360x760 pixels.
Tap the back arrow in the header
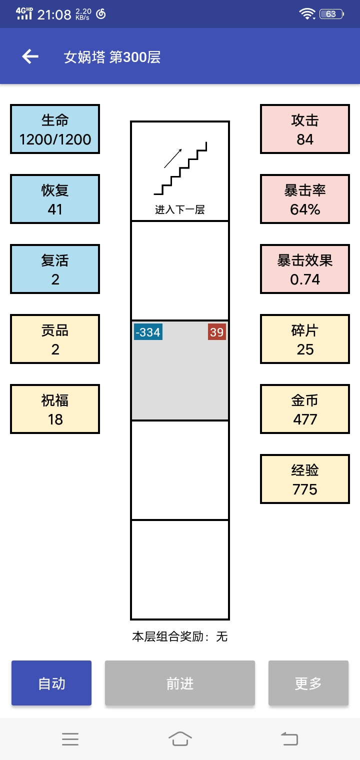(30, 56)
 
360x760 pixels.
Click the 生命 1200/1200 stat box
(55, 129)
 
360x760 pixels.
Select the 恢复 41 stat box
(55, 199)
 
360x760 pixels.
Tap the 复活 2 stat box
(55, 268)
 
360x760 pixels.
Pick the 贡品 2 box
(55, 339)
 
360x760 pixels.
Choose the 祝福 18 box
(55, 409)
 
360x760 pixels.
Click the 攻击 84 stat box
(304, 129)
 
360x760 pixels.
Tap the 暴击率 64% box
(304, 199)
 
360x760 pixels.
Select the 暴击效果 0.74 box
(304, 268)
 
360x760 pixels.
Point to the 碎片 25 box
(304, 339)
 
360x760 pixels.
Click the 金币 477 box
(304, 409)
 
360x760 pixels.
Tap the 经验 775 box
(304, 478)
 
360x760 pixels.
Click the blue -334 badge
(148, 332)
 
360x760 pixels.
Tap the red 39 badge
(217, 332)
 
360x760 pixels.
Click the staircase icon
(180, 168)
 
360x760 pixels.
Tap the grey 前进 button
(180, 683)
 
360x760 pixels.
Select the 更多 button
(308, 683)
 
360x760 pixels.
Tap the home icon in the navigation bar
(180, 738)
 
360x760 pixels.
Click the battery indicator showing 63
(331, 14)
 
